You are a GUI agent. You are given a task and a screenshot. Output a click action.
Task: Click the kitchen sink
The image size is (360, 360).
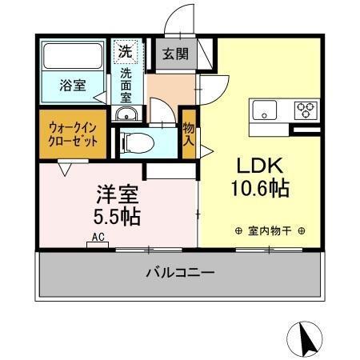coord(264,109)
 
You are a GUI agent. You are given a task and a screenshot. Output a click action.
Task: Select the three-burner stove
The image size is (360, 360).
coord(305,109)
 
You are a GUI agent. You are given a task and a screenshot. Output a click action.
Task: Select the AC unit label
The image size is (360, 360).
coord(98,238)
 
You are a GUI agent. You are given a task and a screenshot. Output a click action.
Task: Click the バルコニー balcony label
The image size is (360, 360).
coord(180,274)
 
